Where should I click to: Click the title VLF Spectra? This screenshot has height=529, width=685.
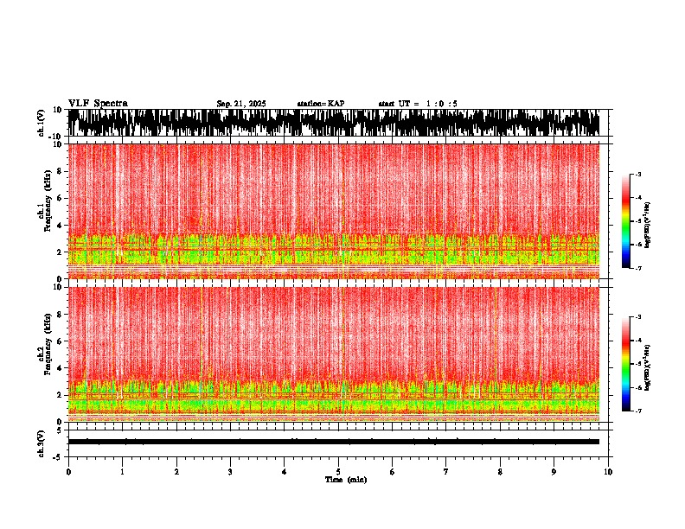click(x=98, y=103)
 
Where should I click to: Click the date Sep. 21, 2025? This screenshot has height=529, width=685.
click(x=240, y=104)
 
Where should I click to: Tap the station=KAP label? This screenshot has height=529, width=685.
click(x=321, y=104)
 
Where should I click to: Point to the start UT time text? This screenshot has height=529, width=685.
click(x=418, y=104)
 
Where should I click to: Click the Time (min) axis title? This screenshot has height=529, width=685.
click(x=344, y=479)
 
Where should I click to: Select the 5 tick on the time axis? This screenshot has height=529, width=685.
click(x=338, y=471)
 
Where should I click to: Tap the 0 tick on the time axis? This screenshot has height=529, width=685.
click(x=68, y=471)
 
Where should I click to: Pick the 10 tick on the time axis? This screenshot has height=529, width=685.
click(x=608, y=471)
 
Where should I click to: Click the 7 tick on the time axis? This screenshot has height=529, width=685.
click(x=446, y=471)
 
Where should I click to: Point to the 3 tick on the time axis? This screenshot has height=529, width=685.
click(x=230, y=471)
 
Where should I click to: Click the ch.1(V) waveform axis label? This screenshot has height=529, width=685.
click(x=42, y=123)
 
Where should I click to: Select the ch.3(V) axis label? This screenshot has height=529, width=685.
click(x=42, y=442)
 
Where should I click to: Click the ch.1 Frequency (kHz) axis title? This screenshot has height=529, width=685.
click(x=47, y=211)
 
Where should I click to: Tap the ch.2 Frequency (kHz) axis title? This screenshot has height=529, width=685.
click(x=47, y=354)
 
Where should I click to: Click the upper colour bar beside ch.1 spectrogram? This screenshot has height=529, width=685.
click(x=626, y=221)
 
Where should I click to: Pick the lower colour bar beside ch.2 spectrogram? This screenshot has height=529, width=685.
click(x=626, y=364)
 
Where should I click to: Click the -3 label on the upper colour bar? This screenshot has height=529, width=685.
click(x=637, y=175)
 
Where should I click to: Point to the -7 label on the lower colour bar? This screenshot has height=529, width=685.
click(x=637, y=411)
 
